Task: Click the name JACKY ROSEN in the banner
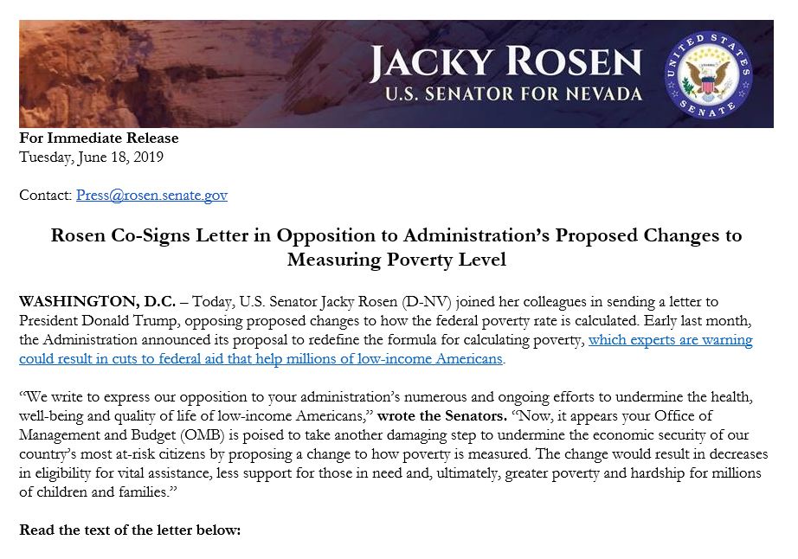(x=505, y=63)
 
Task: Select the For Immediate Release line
(x=99, y=138)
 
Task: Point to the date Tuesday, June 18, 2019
(x=91, y=157)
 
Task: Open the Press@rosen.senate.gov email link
(x=151, y=195)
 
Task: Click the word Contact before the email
(x=45, y=195)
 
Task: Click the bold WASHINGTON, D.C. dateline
(x=97, y=302)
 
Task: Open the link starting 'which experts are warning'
(x=670, y=340)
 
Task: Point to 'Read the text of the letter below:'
(x=130, y=530)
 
